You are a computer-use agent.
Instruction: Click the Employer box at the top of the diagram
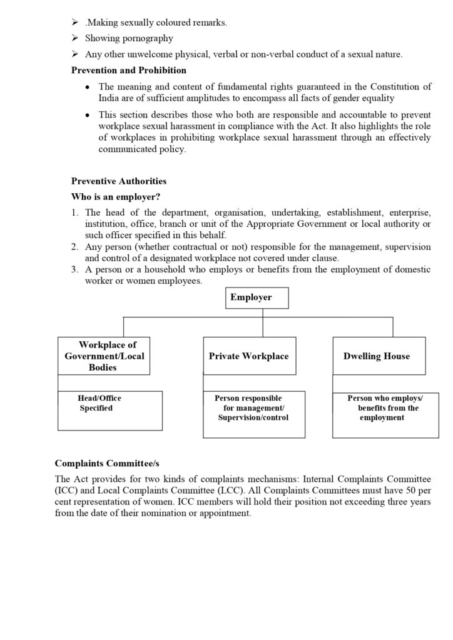[x=257, y=298]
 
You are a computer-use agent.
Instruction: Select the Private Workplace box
[x=249, y=356]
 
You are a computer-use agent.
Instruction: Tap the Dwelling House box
[x=378, y=356]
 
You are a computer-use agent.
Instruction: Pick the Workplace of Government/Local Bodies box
[x=104, y=356]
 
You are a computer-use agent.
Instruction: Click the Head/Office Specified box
[x=109, y=411]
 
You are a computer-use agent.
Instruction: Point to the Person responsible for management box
[x=254, y=414]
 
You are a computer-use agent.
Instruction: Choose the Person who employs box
[x=385, y=415]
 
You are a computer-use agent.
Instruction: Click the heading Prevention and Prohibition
[x=128, y=71]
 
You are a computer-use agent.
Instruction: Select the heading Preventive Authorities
[x=119, y=181]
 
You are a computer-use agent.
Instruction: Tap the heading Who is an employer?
[x=117, y=197]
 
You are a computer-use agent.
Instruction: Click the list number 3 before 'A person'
[x=74, y=270]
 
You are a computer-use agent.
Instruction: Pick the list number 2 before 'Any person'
[x=74, y=247]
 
